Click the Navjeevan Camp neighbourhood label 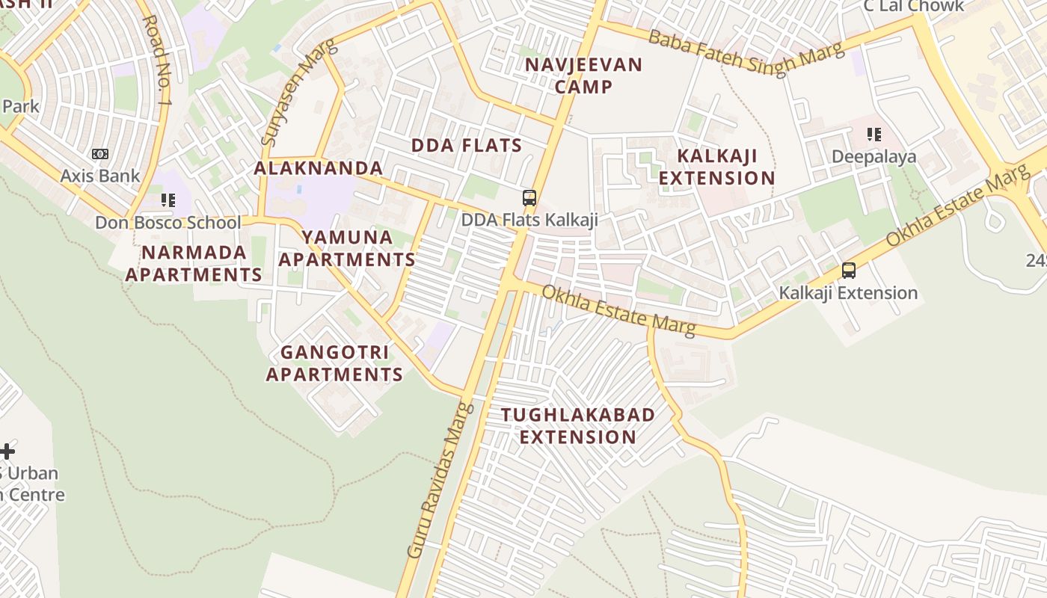(583, 75)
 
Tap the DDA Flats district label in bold (467, 145)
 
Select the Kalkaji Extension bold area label (716, 167)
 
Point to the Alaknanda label (319, 168)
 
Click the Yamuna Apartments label (357, 248)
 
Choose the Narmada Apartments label (194, 263)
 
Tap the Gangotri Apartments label (334, 363)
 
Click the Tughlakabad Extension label (577, 425)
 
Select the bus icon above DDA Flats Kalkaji (529, 198)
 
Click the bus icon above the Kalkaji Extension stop (848, 270)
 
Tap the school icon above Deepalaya (873, 135)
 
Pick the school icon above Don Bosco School (168, 200)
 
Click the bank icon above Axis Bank (99, 154)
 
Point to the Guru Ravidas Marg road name (441, 480)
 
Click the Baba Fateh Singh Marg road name (746, 52)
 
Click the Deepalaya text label (873, 158)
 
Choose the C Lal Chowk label (913, 7)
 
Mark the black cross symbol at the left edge (7, 451)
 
